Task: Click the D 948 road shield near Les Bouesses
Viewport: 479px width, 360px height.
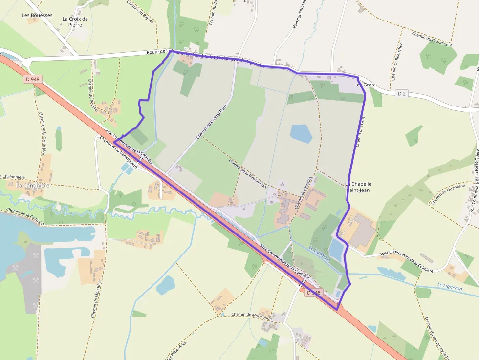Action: [33, 79]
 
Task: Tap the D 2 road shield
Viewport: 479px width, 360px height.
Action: [402, 93]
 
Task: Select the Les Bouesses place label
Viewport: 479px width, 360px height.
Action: [37, 15]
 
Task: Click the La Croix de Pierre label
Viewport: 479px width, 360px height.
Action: [75, 21]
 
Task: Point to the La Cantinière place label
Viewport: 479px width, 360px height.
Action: [33, 186]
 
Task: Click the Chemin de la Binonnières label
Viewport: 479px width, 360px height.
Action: [247, 173]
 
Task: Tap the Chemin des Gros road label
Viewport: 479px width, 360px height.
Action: [360, 131]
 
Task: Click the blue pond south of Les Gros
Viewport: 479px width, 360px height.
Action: [301, 133]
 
